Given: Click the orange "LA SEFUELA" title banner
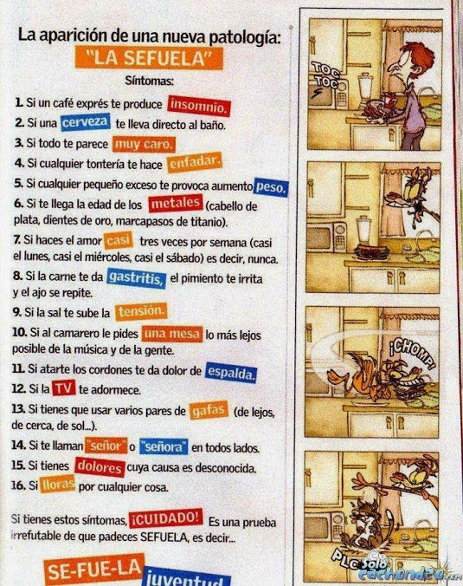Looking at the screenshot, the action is tap(149, 58).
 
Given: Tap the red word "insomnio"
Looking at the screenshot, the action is tap(199, 106).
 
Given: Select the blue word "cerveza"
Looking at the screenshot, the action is tap(86, 122).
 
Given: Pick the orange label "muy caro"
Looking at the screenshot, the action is tap(144, 144).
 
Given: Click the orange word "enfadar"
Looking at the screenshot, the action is tap(195, 162).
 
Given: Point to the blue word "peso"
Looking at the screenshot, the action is tap(271, 186).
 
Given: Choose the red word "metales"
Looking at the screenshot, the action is tap(176, 204).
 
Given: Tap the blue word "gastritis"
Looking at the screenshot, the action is tap(136, 277).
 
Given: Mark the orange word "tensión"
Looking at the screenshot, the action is tap(141, 311).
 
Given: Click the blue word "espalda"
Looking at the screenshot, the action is tap(231, 372).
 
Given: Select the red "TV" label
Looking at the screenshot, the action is tap(64, 388).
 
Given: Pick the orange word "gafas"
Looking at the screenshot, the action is tap(209, 411).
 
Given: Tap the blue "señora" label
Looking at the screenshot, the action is tap(164, 446).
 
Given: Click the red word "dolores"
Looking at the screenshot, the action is tap(100, 467).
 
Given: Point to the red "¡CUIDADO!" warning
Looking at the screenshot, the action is tap(166, 518).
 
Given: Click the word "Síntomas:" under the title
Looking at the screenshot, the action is tap(149, 81).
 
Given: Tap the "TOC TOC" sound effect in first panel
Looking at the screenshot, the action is tap(325, 75).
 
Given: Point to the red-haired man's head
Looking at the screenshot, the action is tap(410, 59).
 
